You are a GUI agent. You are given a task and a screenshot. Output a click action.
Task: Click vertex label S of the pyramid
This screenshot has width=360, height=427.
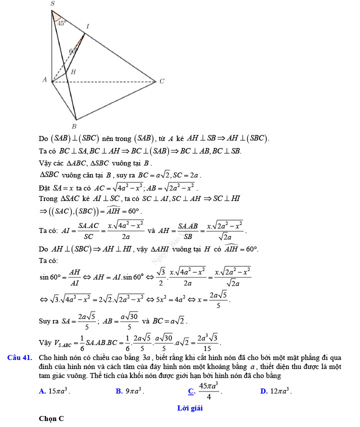click(x=52, y=3)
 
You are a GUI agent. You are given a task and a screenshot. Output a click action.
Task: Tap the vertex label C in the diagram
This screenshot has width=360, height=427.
click(x=161, y=81)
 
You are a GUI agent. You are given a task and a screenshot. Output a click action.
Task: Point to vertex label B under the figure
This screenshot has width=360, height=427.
click(x=74, y=125)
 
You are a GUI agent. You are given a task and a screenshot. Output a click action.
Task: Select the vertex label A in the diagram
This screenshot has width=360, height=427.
click(x=44, y=79)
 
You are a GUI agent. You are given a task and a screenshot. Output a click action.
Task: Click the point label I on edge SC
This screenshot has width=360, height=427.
click(x=87, y=26)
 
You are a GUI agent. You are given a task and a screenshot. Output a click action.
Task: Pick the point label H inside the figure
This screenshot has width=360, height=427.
click(x=73, y=72)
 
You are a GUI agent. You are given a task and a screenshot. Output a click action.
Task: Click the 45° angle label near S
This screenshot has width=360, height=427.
click(x=61, y=22)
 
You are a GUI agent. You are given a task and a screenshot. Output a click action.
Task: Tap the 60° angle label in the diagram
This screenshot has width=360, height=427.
click(x=73, y=51)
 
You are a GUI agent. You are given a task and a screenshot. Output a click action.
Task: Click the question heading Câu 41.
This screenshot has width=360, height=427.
click(x=20, y=357)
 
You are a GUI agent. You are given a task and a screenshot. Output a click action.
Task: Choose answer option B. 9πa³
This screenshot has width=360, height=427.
click(x=129, y=391)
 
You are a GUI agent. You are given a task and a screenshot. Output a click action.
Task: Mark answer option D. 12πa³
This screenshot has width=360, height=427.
click(x=276, y=391)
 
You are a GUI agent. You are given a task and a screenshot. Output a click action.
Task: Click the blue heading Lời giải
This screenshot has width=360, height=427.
click(x=190, y=408)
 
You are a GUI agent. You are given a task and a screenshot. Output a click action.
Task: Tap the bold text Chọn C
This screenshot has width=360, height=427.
click(x=51, y=419)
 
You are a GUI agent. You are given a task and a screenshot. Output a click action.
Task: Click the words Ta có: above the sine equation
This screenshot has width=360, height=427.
click(x=48, y=260)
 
